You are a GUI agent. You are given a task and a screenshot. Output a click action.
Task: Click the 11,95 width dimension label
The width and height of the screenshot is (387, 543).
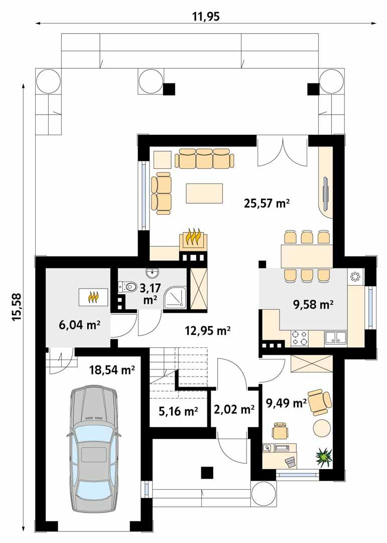click(x=206, y=16)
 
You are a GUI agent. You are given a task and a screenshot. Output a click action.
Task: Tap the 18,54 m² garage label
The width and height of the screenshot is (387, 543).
click(x=112, y=371)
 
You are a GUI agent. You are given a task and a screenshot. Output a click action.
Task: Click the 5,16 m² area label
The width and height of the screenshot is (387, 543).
click(x=178, y=411)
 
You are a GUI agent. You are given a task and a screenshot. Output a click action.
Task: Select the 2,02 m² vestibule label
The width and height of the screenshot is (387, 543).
click(x=233, y=410)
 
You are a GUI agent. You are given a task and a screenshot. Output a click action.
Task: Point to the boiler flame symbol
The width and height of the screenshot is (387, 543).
click(x=93, y=298)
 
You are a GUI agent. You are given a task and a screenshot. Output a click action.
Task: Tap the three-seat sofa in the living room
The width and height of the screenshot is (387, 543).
click(x=204, y=159)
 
